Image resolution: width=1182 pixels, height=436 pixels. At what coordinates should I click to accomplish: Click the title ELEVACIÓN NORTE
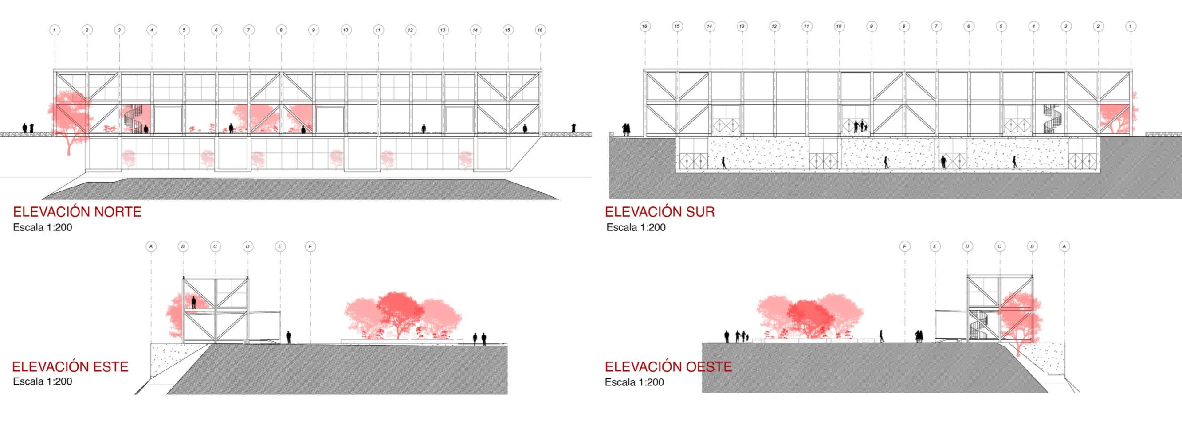[x=77, y=212]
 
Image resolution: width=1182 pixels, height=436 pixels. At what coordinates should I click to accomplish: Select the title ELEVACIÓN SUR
[x=660, y=212]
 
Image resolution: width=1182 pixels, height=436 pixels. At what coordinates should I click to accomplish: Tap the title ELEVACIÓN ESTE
[x=70, y=367]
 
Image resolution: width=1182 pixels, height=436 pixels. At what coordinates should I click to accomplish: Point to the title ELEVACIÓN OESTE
[x=668, y=367]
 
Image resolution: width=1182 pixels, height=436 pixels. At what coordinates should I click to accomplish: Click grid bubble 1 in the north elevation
[x=55, y=30]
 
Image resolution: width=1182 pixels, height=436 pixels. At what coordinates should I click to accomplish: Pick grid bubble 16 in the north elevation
[x=540, y=30]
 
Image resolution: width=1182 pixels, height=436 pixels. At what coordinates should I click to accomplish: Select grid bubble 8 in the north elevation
[x=281, y=30]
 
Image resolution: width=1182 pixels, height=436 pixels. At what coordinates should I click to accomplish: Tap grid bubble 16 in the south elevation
[x=645, y=27]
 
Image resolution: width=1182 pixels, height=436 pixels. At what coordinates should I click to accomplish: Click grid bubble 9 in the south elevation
[x=872, y=27]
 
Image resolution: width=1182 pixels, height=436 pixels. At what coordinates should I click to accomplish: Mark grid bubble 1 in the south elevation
[x=1130, y=27]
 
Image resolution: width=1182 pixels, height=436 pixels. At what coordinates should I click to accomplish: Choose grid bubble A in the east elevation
[x=151, y=247]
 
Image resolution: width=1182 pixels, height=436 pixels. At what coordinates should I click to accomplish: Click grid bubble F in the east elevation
[x=310, y=247]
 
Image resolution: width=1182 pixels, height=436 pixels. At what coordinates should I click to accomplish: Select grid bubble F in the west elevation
[x=905, y=247]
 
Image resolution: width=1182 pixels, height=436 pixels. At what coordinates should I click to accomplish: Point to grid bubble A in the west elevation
[x=1064, y=247]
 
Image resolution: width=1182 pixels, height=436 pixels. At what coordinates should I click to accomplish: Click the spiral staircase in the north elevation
[x=134, y=119]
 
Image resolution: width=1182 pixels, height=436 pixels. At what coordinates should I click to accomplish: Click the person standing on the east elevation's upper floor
[x=194, y=303]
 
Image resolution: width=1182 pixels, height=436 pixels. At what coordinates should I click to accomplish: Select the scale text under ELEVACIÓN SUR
[x=636, y=227]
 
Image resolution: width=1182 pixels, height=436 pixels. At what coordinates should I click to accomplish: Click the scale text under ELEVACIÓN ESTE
[x=42, y=381]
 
